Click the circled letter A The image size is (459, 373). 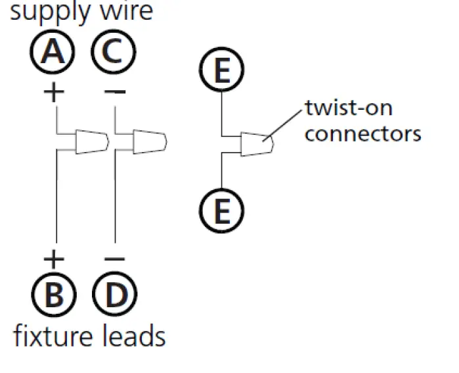pyautogui.click(x=53, y=51)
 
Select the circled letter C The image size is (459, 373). pyautogui.click(x=114, y=51)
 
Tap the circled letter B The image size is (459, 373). pyautogui.click(x=54, y=295)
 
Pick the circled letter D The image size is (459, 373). pyautogui.click(x=115, y=294)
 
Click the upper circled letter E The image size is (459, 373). pyautogui.click(x=221, y=70)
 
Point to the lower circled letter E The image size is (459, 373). pyautogui.click(x=221, y=211)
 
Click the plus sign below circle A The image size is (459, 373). pyautogui.click(x=54, y=92)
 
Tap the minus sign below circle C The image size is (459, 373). pyautogui.click(x=115, y=92)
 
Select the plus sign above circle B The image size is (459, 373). pyautogui.click(x=54, y=259)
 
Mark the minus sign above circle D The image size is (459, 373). pyautogui.click(x=114, y=259)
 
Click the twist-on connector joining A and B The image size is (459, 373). pyautogui.click(x=92, y=141)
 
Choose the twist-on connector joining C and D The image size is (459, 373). pyautogui.click(x=150, y=141)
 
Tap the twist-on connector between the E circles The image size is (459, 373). pyautogui.click(x=257, y=144)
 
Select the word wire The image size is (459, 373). pyautogui.click(x=127, y=12)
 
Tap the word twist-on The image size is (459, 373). pyautogui.click(x=349, y=108)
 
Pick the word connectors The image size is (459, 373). pyautogui.click(x=363, y=134)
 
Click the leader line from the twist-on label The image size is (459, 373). pyautogui.click(x=282, y=126)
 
